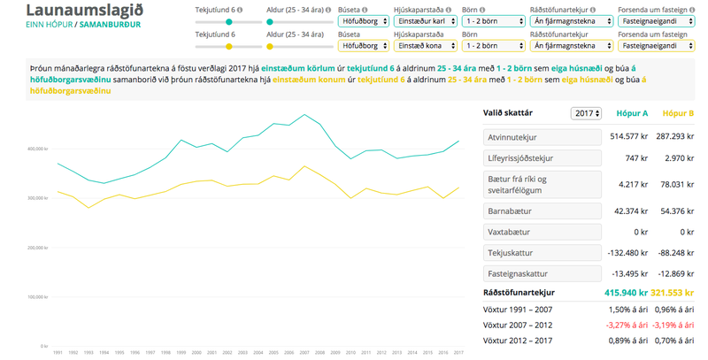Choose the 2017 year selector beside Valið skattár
(587, 114)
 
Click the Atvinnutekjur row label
(515, 137)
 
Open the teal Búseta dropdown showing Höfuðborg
(361, 20)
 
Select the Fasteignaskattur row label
(518, 272)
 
